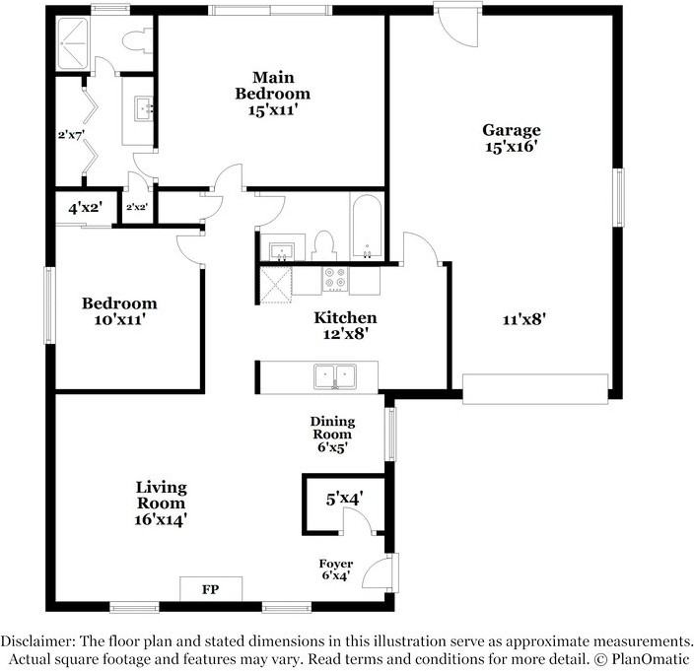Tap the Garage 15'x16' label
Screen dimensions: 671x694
pos(511,138)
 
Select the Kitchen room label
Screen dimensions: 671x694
pos(344,325)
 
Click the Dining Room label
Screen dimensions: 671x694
pos(333,434)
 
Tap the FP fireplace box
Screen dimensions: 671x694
pos(210,589)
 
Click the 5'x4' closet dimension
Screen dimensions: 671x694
pos(345,500)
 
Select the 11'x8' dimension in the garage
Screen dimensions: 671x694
pos(524,318)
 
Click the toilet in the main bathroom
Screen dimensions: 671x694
pos(133,43)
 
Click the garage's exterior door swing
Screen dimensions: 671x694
pos(455,28)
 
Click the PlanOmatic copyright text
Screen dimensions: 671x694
pos(640,658)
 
